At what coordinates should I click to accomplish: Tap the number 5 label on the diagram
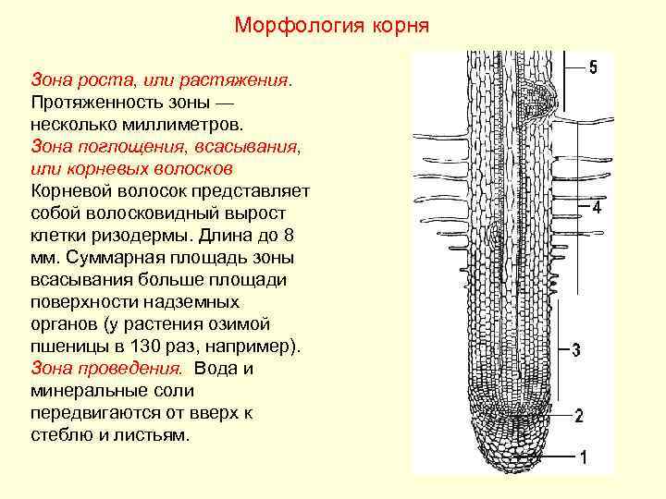tap(593, 67)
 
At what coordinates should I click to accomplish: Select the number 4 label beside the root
tap(597, 209)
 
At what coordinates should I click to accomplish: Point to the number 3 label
tap(576, 350)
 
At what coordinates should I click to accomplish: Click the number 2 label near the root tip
tap(579, 416)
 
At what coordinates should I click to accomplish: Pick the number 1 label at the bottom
tap(583, 457)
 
